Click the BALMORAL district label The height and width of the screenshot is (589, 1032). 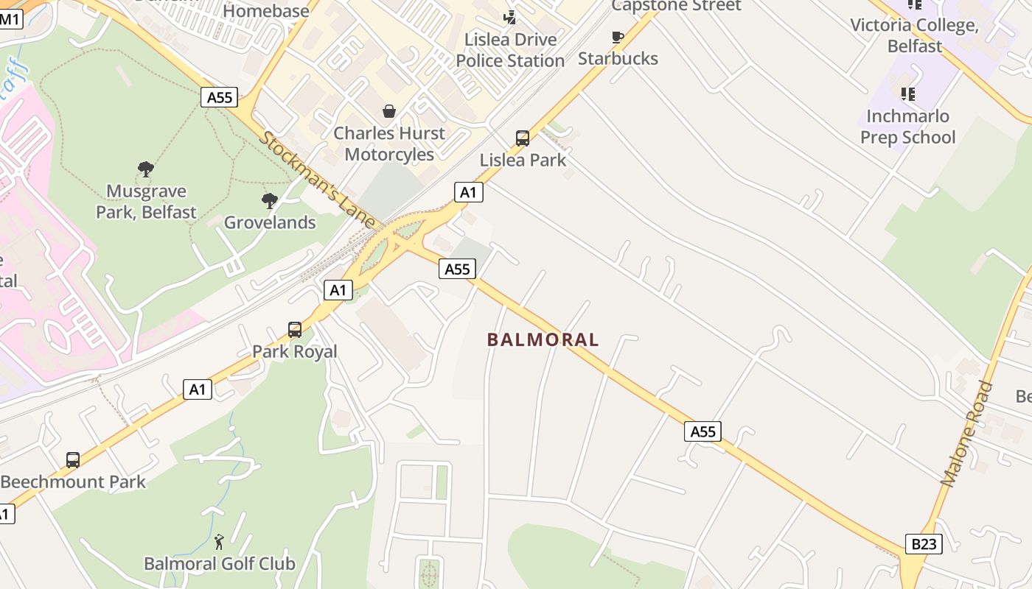pyautogui.click(x=543, y=339)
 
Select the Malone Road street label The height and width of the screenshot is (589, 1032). pyautogui.click(x=967, y=435)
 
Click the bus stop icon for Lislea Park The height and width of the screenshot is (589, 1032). pyautogui.click(x=522, y=138)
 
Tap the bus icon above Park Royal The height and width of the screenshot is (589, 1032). pyautogui.click(x=295, y=329)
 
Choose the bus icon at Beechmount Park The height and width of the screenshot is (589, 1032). pyautogui.click(x=73, y=460)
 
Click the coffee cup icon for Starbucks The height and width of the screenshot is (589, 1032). pyautogui.click(x=618, y=37)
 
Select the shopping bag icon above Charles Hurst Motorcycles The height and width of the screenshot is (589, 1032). pyautogui.click(x=388, y=111)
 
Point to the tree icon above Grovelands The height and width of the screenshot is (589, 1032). pyautogui.click(x=270, y=200)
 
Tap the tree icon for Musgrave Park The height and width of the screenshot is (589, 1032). pyautogui.click(x=146, y=169)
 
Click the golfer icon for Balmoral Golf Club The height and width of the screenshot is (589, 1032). pyautogui.click(x=219, y=543)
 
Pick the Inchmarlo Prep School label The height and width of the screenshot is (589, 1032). pyautogui.click(x=907, y=127)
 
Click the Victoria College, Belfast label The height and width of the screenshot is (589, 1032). pyautogui.click(x=914, y=35)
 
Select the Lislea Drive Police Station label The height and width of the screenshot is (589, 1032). pyautogui.click(x=510, y=50)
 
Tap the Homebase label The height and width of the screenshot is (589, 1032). pyautogui.click(x=266, y=11)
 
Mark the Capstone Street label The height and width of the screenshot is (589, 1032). pyautogui.click(x=676, y=6)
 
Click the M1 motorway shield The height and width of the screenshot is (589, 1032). pyautogui.click(x=10, y=19)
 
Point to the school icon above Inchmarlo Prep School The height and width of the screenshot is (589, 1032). pyautogui.click(x=907, y=94)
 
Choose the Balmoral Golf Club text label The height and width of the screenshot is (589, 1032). pyautogui.click(x=220, y=564)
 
